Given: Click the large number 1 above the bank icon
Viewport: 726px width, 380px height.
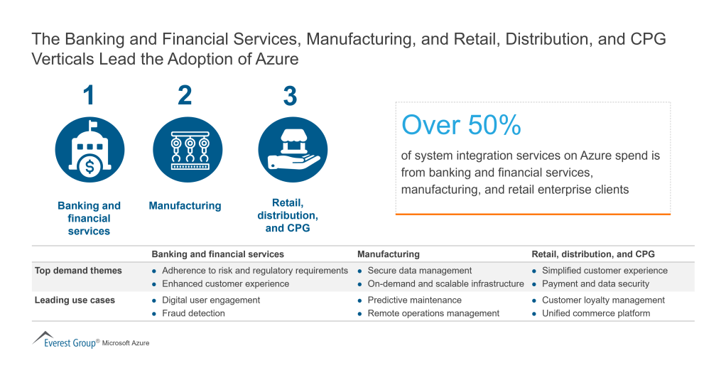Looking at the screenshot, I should click(89, 95).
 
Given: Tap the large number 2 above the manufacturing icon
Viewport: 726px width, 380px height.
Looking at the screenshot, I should click(185, 95).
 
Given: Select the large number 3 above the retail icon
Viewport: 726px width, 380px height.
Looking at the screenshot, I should click(290, 96).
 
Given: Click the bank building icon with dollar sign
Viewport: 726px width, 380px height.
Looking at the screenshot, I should click(90, 150).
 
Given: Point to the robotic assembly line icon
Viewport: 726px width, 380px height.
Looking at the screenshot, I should click(188, 150).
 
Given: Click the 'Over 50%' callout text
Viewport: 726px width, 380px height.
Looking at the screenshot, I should click(461, 125).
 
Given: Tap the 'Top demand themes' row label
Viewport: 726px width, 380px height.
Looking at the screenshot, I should click(78, 271).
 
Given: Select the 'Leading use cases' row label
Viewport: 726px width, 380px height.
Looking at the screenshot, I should click(75, 300).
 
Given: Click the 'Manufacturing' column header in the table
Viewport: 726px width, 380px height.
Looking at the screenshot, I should click(388, 254).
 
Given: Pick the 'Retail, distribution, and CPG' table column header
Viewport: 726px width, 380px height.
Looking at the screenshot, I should click(593, 254).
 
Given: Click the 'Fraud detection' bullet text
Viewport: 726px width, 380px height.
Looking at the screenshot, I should click(193, 313).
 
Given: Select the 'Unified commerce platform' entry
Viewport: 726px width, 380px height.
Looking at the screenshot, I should click(595, 313).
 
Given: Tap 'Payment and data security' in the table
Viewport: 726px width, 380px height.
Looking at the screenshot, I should click(595, 283).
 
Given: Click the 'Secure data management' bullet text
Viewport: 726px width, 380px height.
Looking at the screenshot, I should click(419, 271).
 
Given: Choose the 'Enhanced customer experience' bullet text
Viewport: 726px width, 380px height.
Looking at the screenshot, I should click(225, 283).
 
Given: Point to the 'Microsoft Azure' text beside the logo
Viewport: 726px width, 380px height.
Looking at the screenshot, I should click(126, 343).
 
